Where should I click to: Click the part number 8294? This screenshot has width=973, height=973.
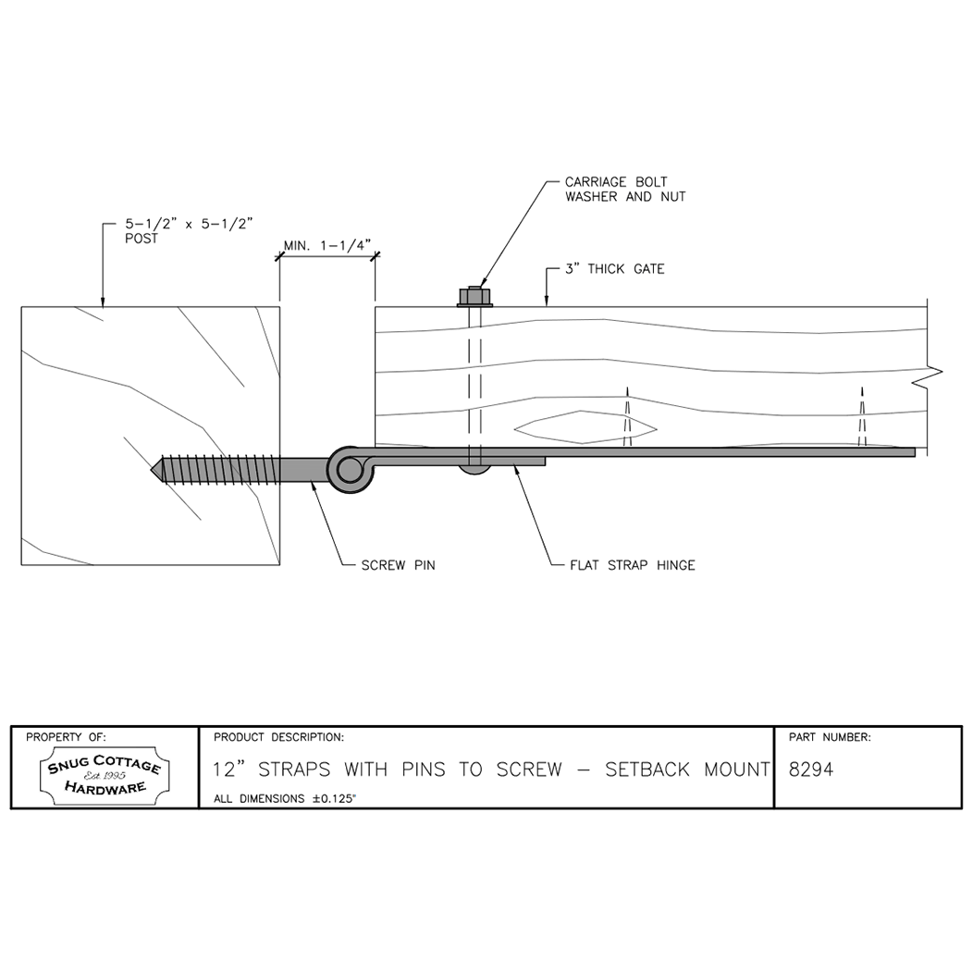811,770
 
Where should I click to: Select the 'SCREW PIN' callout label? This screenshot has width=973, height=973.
398,564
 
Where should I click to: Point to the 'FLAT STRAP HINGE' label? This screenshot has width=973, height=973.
632,564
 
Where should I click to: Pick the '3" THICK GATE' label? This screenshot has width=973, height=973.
615,269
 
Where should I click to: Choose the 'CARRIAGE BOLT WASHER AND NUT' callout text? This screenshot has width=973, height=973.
625,190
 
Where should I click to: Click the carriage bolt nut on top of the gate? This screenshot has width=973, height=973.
475,297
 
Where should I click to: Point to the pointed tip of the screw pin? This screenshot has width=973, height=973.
154,469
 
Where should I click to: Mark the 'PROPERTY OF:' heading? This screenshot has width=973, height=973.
66,737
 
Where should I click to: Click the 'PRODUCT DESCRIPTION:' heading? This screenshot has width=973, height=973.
278,737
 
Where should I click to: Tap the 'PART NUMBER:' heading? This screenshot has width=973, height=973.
830,737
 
